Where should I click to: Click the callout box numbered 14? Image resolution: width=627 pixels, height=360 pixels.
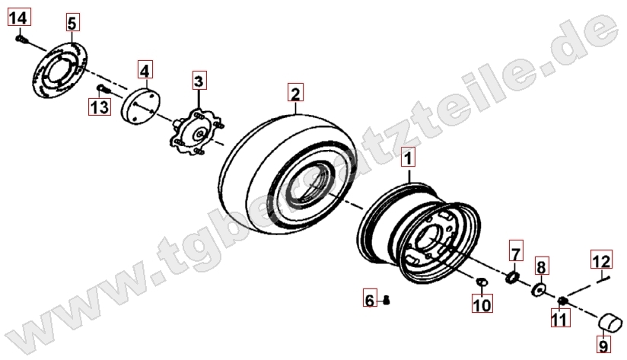19,18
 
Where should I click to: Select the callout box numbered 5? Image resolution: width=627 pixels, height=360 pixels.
72,22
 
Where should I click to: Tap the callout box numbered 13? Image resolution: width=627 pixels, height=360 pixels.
99,107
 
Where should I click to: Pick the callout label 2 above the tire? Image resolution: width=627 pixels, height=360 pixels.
295,93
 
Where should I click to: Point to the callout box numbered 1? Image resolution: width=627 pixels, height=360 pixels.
409,158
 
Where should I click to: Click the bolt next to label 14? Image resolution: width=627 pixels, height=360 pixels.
22,40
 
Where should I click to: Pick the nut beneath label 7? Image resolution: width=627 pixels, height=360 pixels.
512,277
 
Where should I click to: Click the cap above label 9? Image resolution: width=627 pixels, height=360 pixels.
610,323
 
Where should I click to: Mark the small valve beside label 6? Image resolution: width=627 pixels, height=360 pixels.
386,300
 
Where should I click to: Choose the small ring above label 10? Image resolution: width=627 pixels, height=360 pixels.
482,282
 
